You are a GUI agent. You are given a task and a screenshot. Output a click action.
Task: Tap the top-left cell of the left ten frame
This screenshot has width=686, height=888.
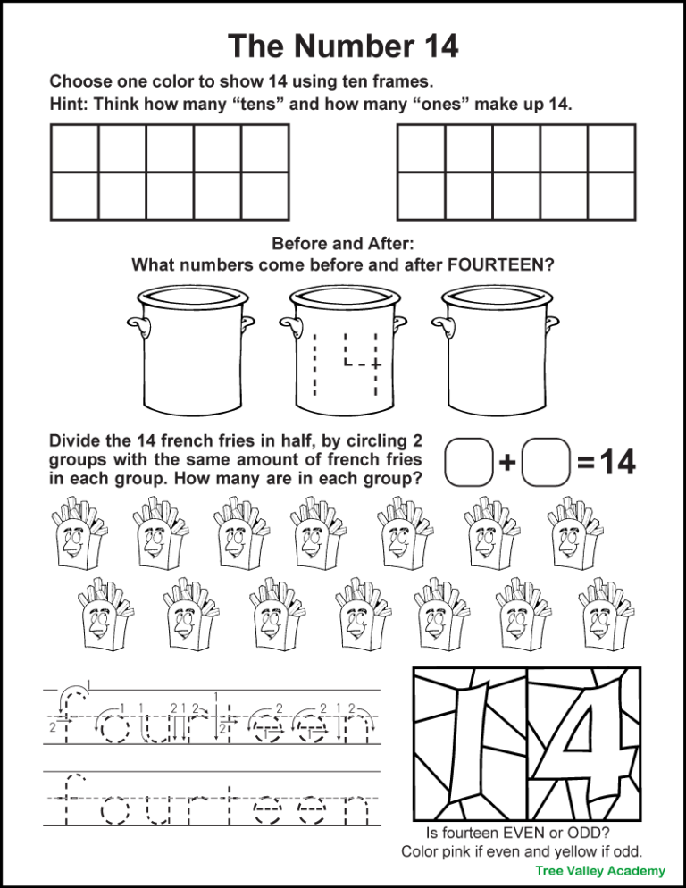[x=74, y=148]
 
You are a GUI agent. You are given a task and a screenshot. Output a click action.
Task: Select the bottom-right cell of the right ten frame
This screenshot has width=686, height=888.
[x=611, y=195]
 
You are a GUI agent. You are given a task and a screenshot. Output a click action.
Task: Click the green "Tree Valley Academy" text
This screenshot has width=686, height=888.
[x=600, y=871]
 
